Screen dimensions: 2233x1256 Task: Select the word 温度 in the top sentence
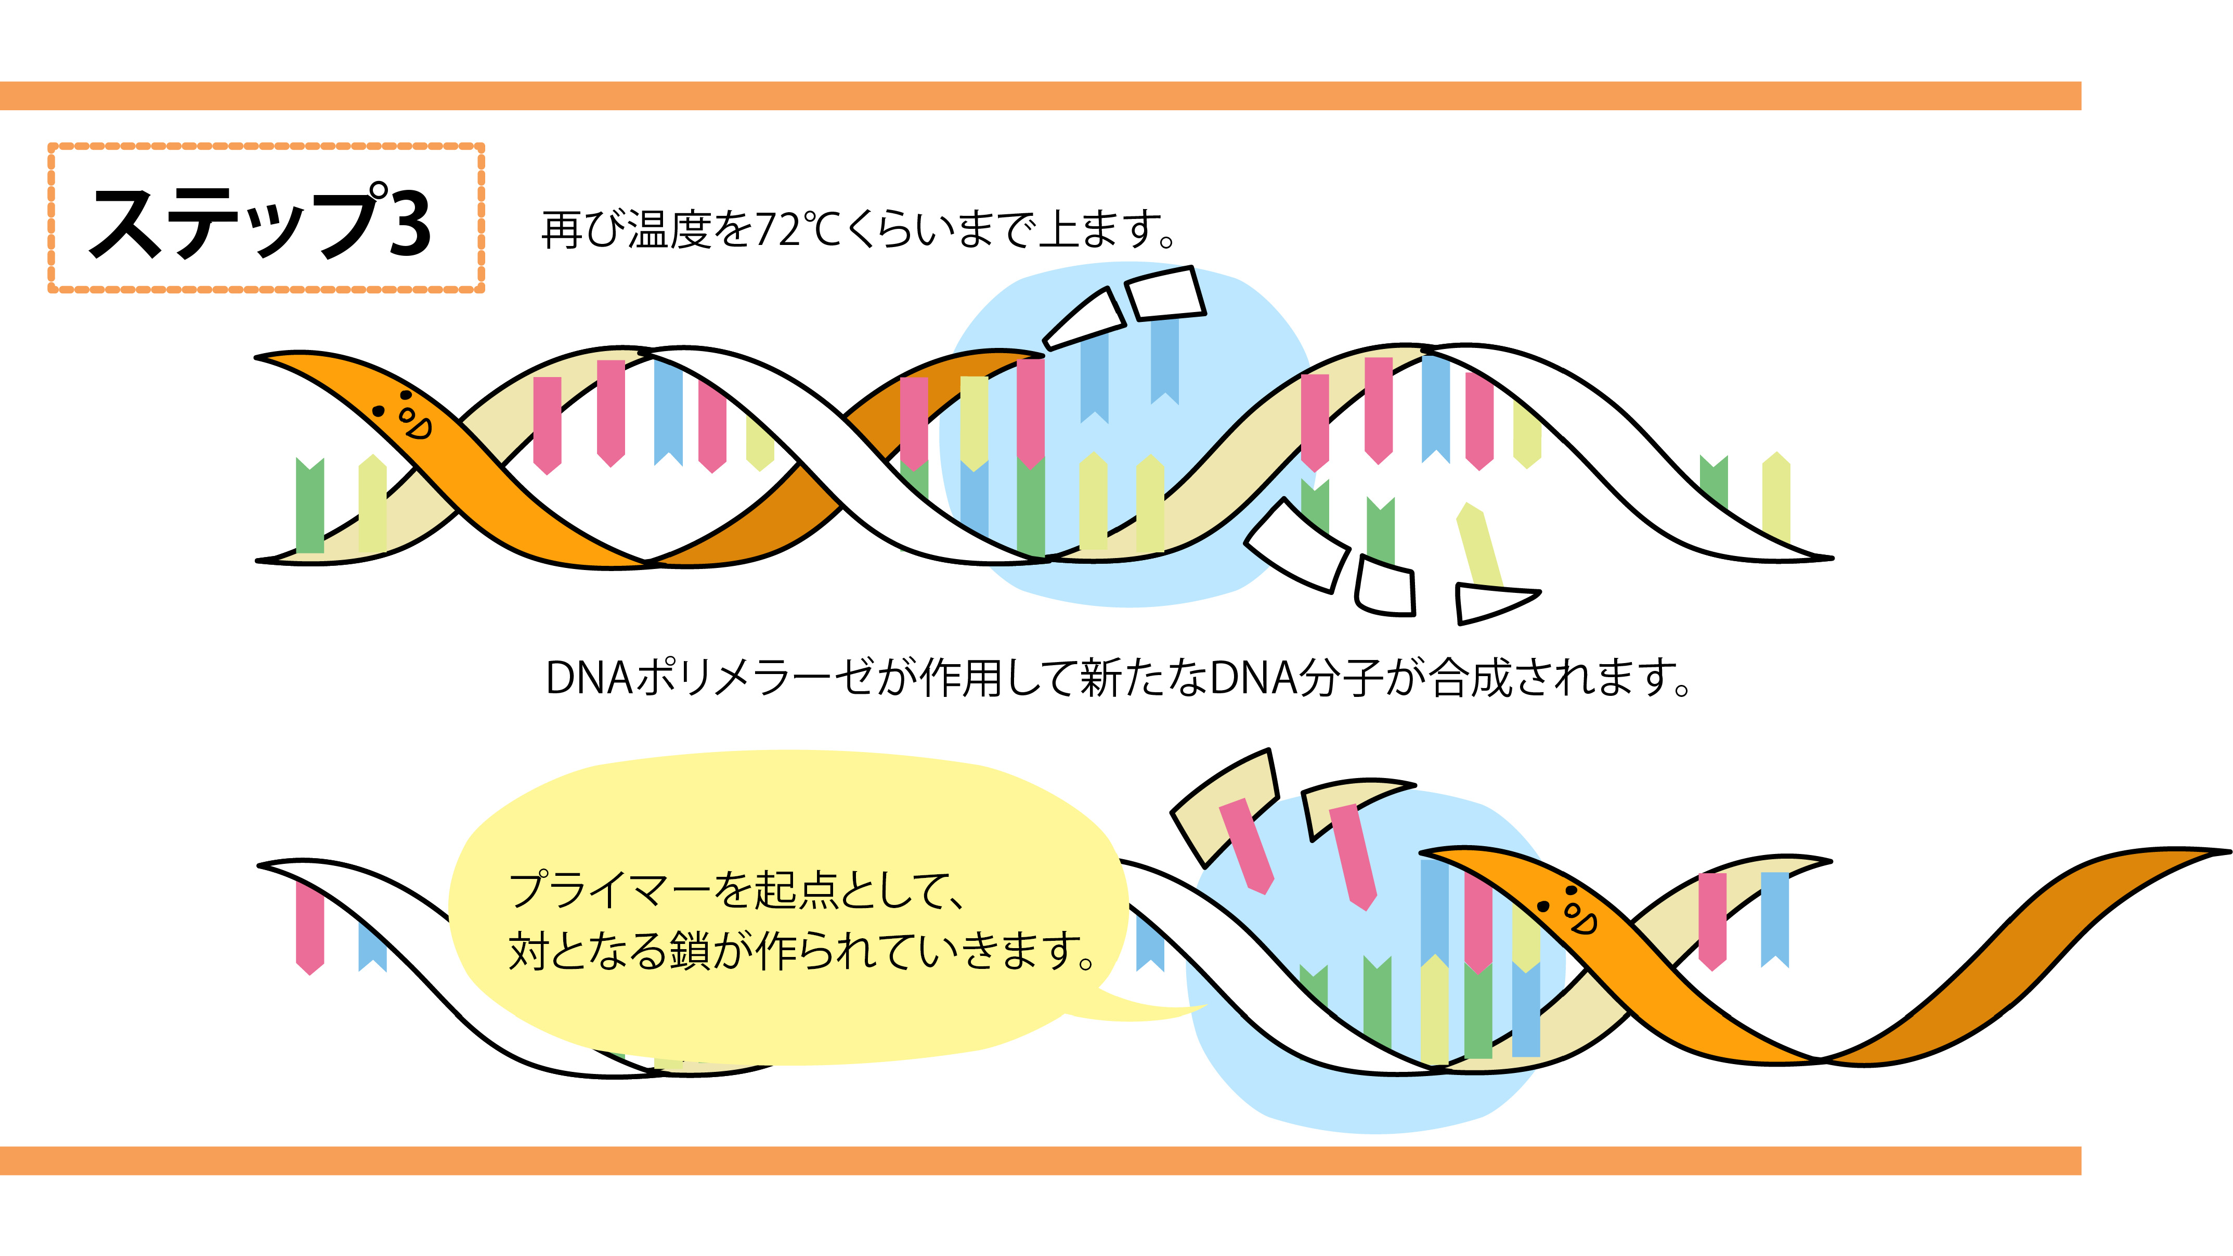(669, 230)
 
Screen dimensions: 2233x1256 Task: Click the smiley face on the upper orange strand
(403, 415)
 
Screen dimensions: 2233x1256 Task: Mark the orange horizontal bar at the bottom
(1040, 1161)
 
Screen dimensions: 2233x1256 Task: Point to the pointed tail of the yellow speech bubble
(1201, 1007)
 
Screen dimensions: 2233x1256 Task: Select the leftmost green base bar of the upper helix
(309, 506)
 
